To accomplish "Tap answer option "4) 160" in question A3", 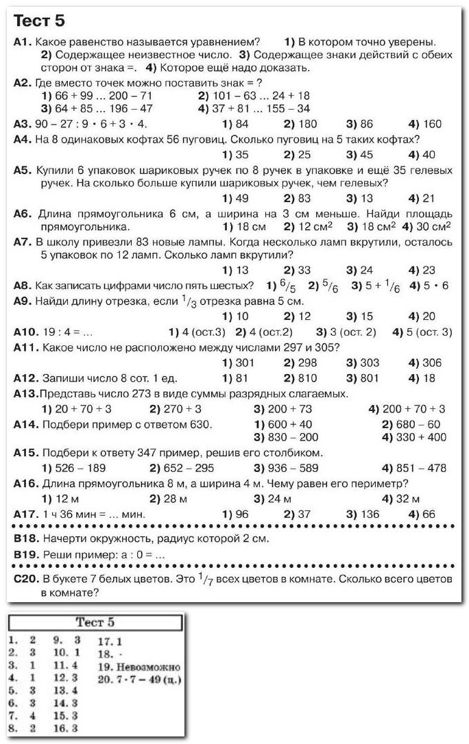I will click(x=424, y=124).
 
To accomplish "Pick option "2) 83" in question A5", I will click(x=297, y=199).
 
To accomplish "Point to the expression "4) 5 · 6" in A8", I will click(x=429, y=286).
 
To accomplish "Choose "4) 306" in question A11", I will click(x=424, y=363).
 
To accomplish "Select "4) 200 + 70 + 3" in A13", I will click(x=407, y=409).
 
